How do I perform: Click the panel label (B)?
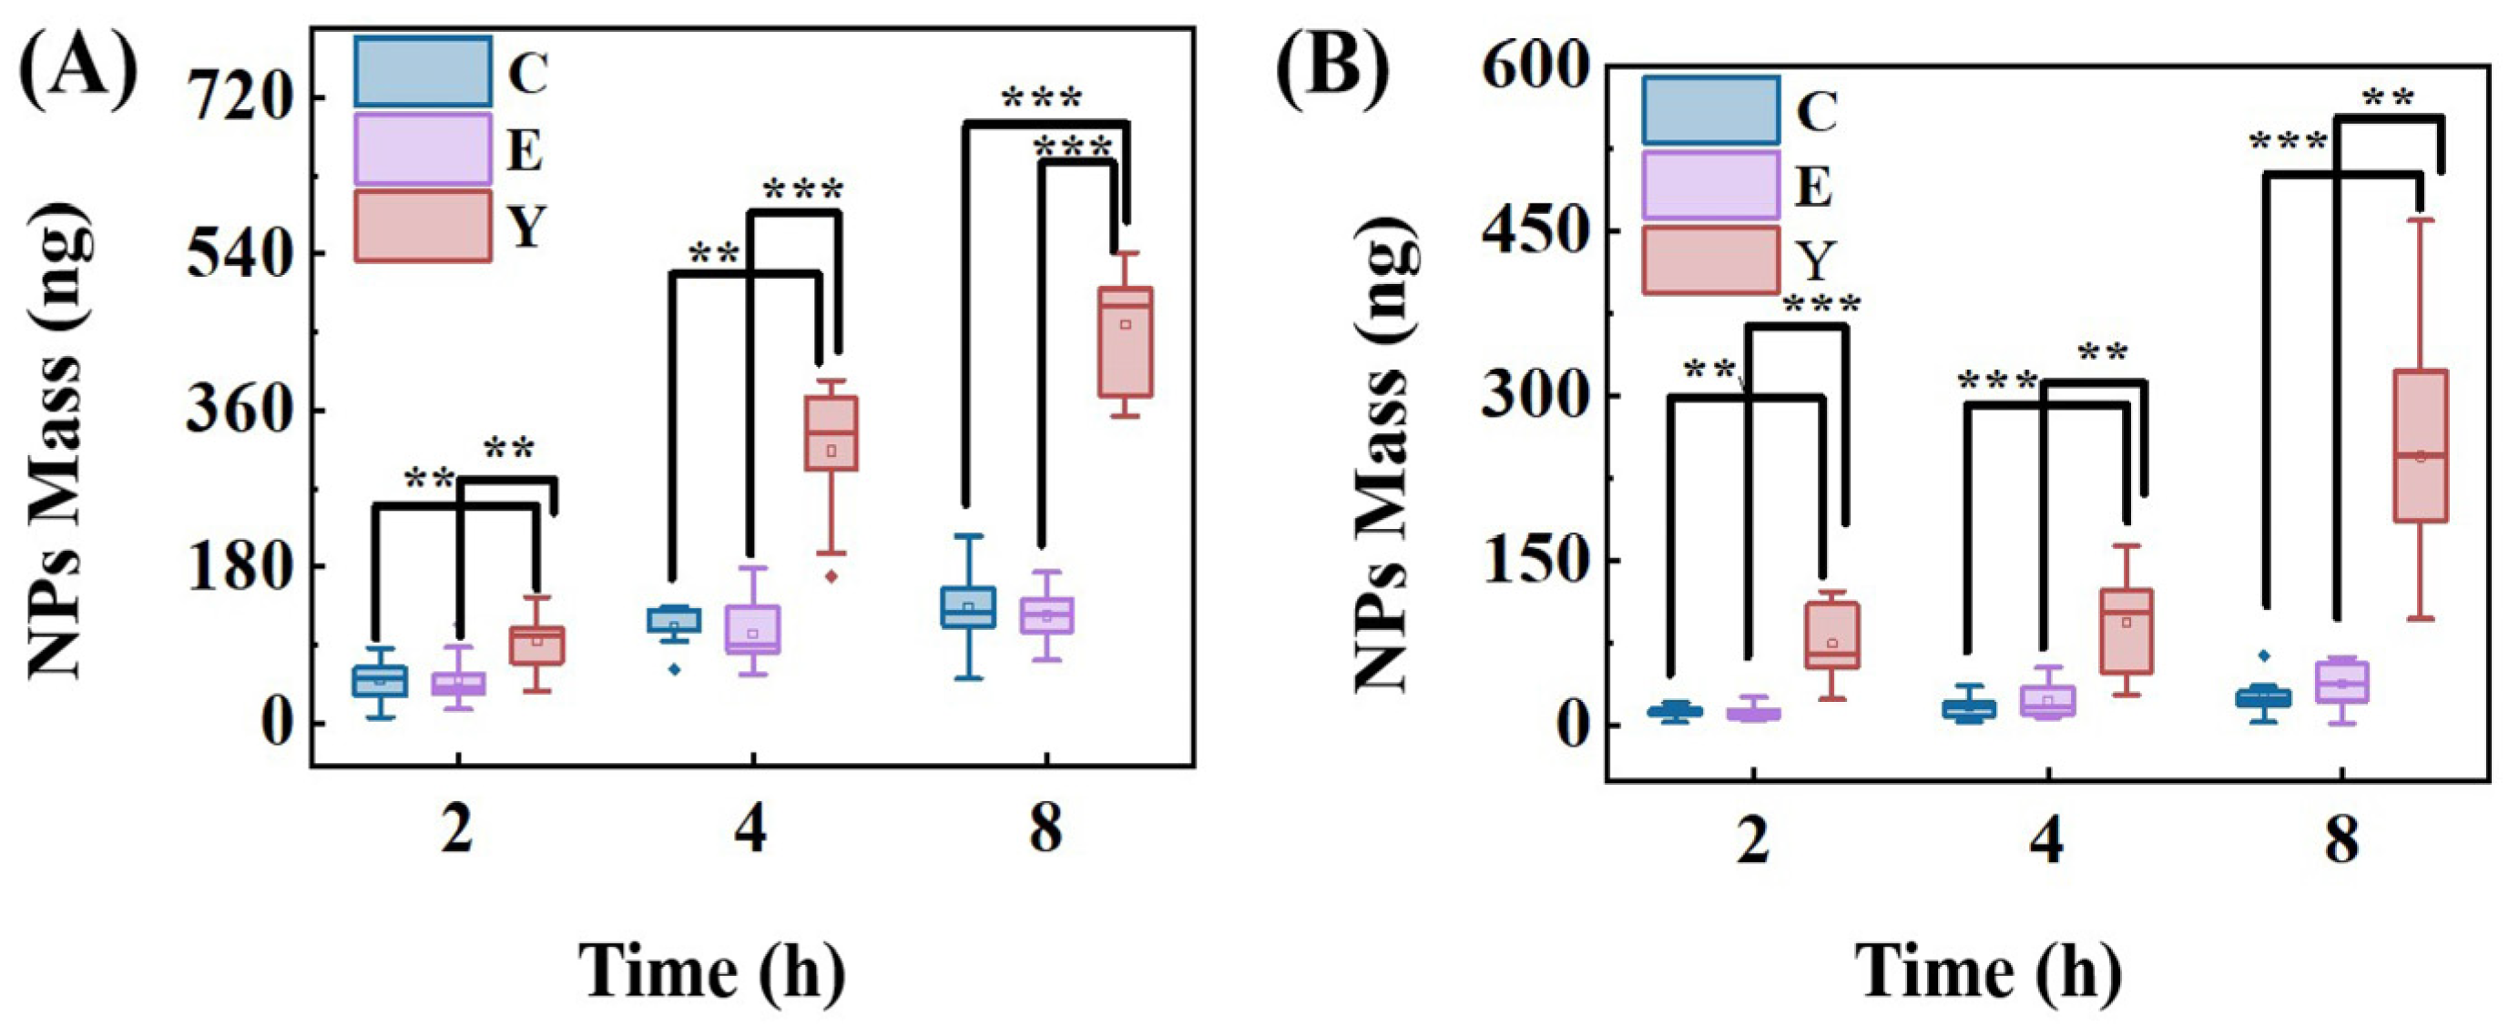pos(1334,76)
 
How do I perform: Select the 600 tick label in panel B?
pos(1533,68)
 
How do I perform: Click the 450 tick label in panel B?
pos(1533,231)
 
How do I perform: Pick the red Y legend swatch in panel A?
pos(422,226)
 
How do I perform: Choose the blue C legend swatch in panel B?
pos(1709,110)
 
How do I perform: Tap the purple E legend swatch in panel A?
pos(422,149)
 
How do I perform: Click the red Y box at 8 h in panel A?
pos(1126,341)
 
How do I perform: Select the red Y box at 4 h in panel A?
pos(831,432)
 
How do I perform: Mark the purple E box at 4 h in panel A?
pos(752,630)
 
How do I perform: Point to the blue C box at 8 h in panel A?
pos(968,607)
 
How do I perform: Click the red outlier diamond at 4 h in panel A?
pos(831,576)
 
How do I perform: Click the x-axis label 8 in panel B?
pos(2341,838)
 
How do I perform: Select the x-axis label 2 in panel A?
pos(457,830)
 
